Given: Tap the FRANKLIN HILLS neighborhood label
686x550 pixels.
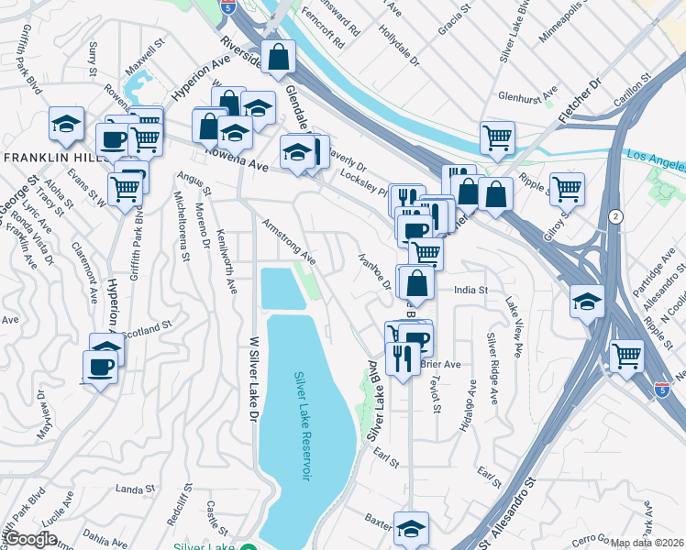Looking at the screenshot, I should point(50,158).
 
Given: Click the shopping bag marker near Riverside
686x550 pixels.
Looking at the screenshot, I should point(277,57).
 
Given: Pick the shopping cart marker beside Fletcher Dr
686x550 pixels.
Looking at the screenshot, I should point(496,137).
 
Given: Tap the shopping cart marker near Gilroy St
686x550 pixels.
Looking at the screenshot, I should point(567,189).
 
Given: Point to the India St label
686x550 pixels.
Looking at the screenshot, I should point(470,290).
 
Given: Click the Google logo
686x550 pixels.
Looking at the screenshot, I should point(30,539).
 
